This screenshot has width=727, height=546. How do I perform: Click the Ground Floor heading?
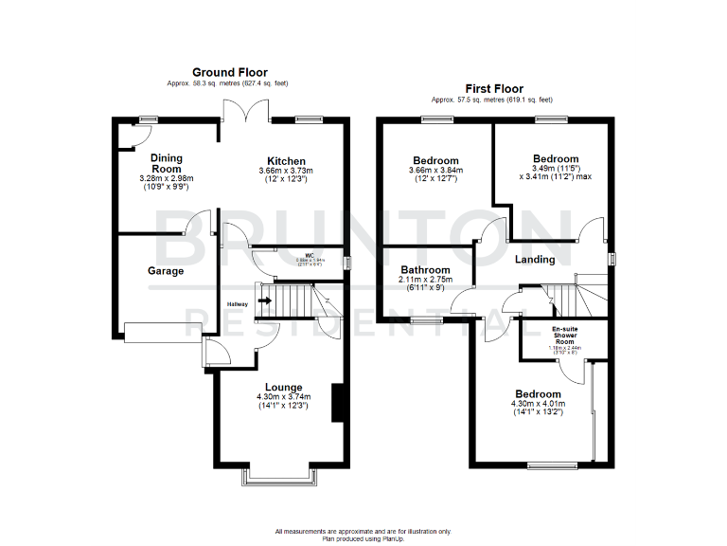(x=229, y=72)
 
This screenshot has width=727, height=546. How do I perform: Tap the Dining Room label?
(x=166, y=164)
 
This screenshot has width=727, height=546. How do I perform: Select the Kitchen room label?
(x=285, y=160)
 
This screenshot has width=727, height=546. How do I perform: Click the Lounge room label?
(x=284, y=387)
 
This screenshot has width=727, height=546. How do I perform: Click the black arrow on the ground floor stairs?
(x=265, y=302)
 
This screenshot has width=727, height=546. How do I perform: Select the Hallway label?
(x=237, y=303)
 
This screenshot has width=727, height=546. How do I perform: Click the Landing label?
(x=534, y=260)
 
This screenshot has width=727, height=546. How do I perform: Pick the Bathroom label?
(x=424, y=270)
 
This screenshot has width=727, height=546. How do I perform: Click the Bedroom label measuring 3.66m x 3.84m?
(x=435, y=160)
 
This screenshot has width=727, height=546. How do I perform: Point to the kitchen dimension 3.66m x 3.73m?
(x=285, y=171)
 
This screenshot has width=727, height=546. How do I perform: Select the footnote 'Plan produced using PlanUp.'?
(x=363, y=537)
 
